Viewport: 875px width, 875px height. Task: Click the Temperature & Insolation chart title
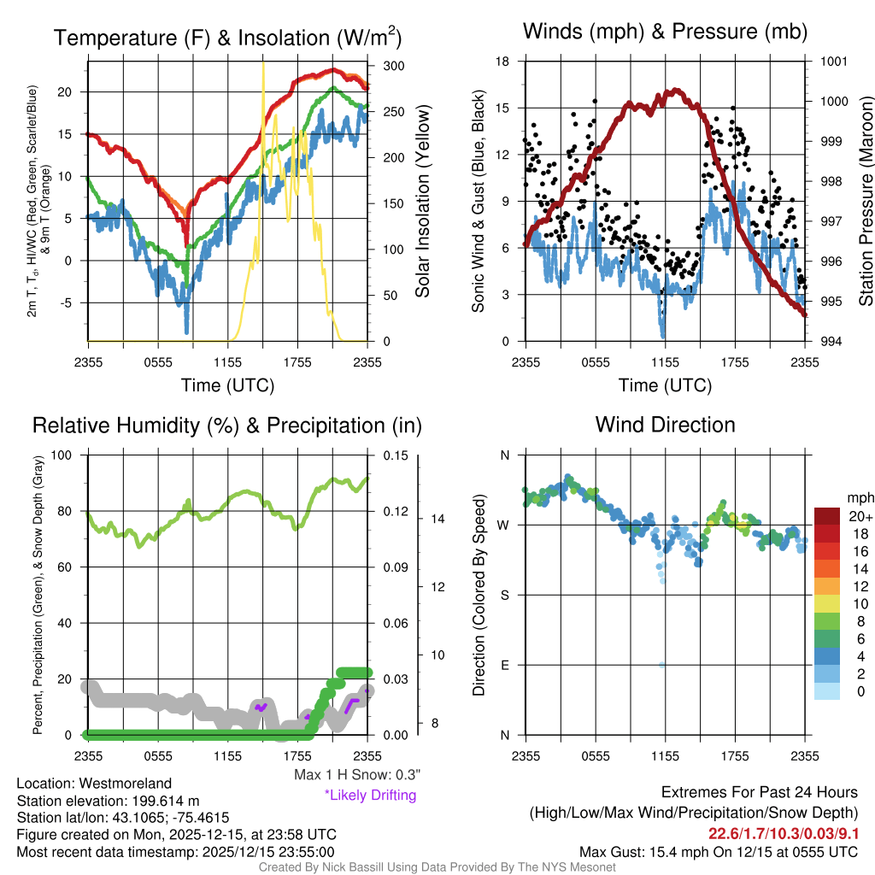click(x=227, y=38)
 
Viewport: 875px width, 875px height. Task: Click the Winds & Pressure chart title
click(x=665, y=32)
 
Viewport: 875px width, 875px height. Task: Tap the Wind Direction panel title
click(x=665, y=425)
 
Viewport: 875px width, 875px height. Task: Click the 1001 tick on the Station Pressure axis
click(x=832, y=62)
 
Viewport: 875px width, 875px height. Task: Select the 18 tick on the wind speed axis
click(x=503, y=62)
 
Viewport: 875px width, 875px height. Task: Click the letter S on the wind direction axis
click(x=504, y=595)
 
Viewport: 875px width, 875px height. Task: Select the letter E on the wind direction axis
click(x=504, y=665)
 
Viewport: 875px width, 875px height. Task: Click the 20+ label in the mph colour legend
click(x=859, y=516)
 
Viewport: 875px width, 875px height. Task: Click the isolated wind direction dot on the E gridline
click(x=662, y=665)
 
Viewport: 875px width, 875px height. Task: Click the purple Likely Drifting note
click(x=370, y=796)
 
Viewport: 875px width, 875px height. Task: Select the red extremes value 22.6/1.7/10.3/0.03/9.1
click(x=784, y=833)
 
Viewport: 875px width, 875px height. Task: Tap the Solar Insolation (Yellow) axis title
click(x=423, y=202)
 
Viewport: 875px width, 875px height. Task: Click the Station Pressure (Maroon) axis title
click(x=865, y=202)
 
